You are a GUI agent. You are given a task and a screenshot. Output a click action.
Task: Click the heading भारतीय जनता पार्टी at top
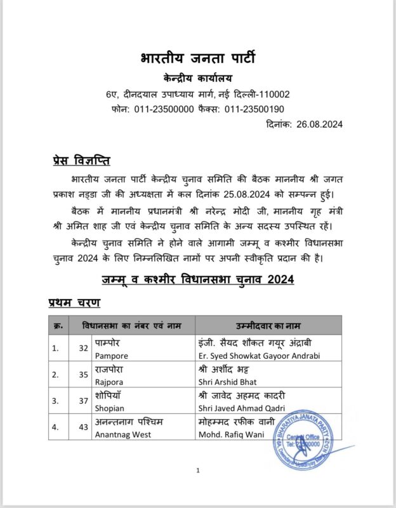pos(198,60)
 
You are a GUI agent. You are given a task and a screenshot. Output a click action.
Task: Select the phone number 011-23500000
pos(164,109)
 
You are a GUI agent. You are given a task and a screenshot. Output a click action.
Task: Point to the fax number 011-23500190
pos(253,109)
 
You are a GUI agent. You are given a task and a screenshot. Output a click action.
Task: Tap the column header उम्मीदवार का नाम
pos(268,325)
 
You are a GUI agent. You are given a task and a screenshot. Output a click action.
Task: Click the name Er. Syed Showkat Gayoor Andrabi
pos(258,354)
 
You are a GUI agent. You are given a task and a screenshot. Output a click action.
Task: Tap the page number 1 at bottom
pos(198,471)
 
